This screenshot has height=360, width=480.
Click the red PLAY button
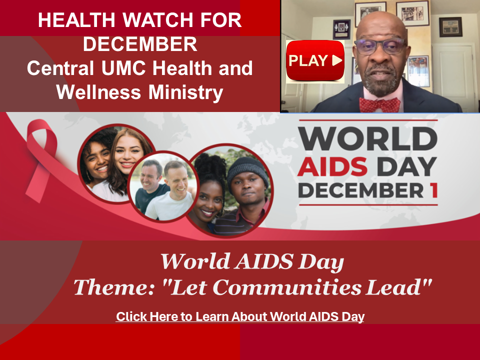(315, 60)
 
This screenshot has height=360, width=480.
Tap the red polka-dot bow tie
(379, 104)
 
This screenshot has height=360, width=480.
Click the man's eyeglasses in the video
(380, 46)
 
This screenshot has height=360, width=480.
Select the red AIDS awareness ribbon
(41, 159)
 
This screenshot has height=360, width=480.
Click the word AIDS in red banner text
(332, 167)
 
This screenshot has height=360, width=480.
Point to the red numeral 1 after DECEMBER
(434, 190)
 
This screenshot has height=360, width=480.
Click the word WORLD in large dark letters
(368, 138)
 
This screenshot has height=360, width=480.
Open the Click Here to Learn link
(240, 316)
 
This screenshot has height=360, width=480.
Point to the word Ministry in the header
(186, 92)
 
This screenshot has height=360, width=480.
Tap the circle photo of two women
(116, 163)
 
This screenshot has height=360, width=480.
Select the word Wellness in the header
(98, 92)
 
